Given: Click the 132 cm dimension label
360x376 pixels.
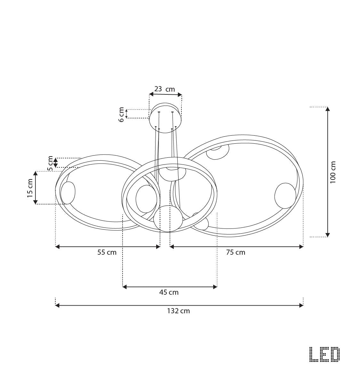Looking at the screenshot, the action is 179,311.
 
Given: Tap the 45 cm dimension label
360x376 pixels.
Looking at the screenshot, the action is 169,292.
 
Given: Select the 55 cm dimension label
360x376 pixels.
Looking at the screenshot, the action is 107,252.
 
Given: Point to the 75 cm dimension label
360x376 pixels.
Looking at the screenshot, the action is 236,252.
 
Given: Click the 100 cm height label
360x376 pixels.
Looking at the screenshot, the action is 333,172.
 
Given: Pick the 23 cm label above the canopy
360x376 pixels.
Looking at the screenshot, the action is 164,89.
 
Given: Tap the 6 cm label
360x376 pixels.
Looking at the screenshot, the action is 121,115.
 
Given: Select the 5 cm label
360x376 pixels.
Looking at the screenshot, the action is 50,163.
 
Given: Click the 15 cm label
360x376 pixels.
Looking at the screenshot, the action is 30,188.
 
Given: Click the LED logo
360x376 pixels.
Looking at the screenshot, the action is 324,355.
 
